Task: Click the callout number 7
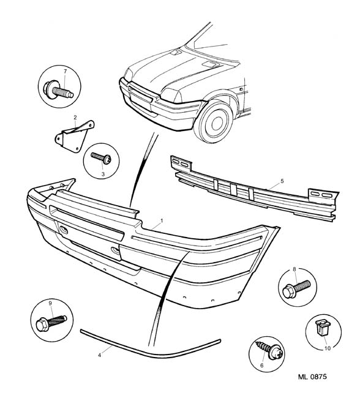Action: point(66,71)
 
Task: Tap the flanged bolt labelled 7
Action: point(58,90)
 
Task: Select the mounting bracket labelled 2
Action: point(75,137)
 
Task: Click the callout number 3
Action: point(103,175)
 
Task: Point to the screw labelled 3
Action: point(101,158)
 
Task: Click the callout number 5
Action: point(282,181)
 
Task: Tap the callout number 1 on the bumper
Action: point(162,221)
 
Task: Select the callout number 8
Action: point(294,269)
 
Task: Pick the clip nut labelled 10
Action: point(321,328)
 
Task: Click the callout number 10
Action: point(328,348)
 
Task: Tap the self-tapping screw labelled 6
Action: point(269,350)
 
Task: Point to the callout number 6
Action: point(262,366)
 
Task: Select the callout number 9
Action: point(50,303)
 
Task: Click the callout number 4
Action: point(100,355)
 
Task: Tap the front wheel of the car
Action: point(213,122)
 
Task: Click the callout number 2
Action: point(75,118)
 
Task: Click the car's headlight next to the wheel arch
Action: point(171,95)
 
